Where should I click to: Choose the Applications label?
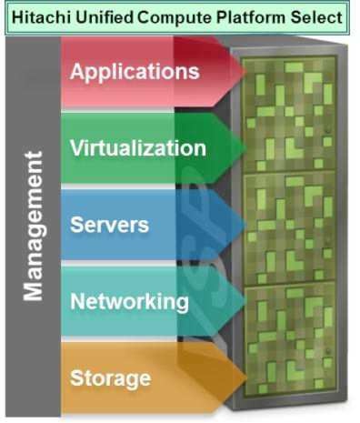click(134, 71)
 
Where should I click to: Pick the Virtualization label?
click(137, 147)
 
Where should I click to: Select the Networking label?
click(129, 301)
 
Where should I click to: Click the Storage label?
click(110, 377)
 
